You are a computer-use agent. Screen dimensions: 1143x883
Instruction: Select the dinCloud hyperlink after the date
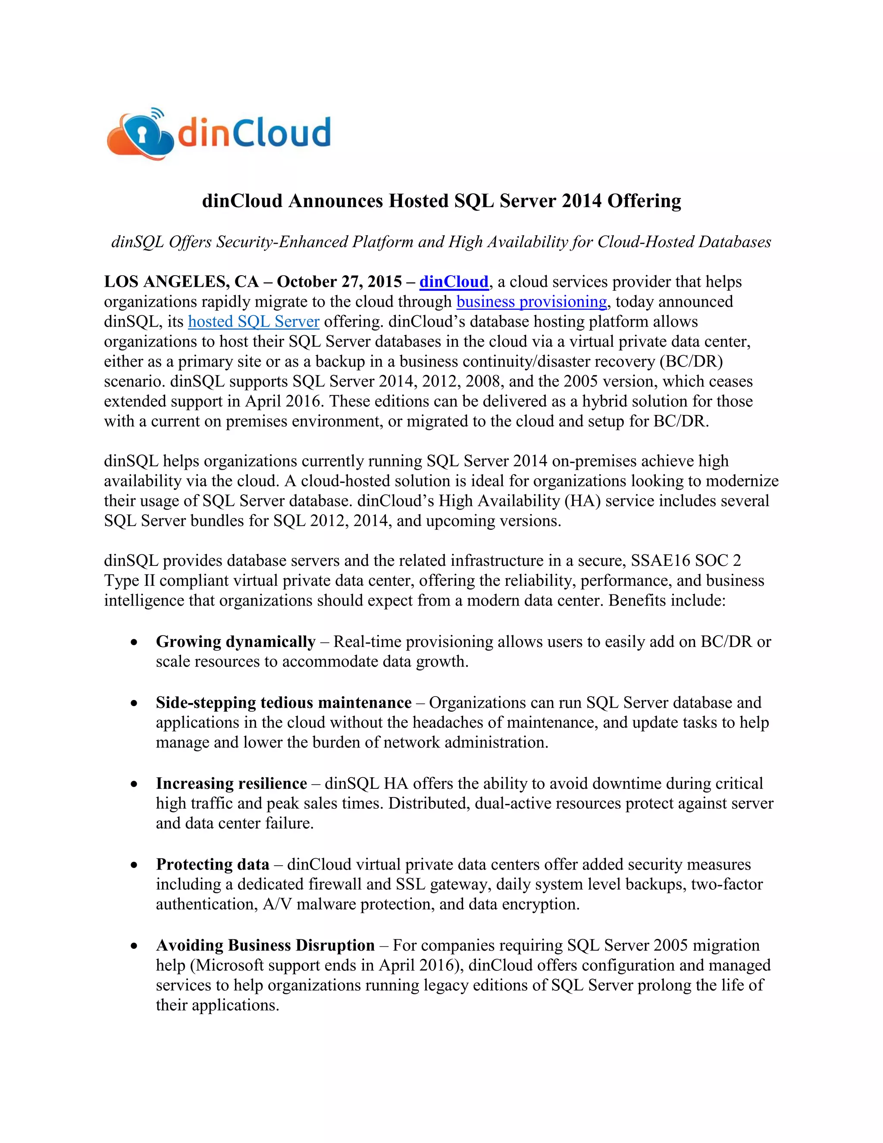(x=454, y=282)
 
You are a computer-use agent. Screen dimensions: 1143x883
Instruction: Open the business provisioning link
(x=532, y=302)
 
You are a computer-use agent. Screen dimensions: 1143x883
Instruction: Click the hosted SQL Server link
(x=254, y=322)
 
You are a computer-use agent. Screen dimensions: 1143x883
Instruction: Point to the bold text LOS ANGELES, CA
(x=181, y=282)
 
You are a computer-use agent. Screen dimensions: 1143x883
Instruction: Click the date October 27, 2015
(x=339, y=282)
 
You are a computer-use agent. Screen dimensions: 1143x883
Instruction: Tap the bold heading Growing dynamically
(x=235, y=642)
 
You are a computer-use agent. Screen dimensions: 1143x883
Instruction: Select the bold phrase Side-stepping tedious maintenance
(x=284, y=702)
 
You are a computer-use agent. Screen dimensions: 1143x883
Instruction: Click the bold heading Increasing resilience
(x=231, y=783)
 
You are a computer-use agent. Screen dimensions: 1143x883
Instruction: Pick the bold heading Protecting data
(x=213, y=864)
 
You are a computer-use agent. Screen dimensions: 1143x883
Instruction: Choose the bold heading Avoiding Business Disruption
(x=265, y=945)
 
